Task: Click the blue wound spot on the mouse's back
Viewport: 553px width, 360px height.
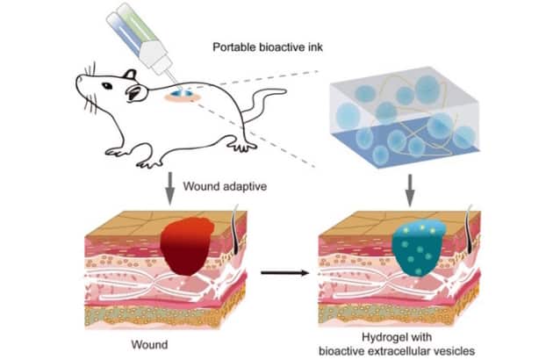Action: pyautogui.click(x=182, y=91)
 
